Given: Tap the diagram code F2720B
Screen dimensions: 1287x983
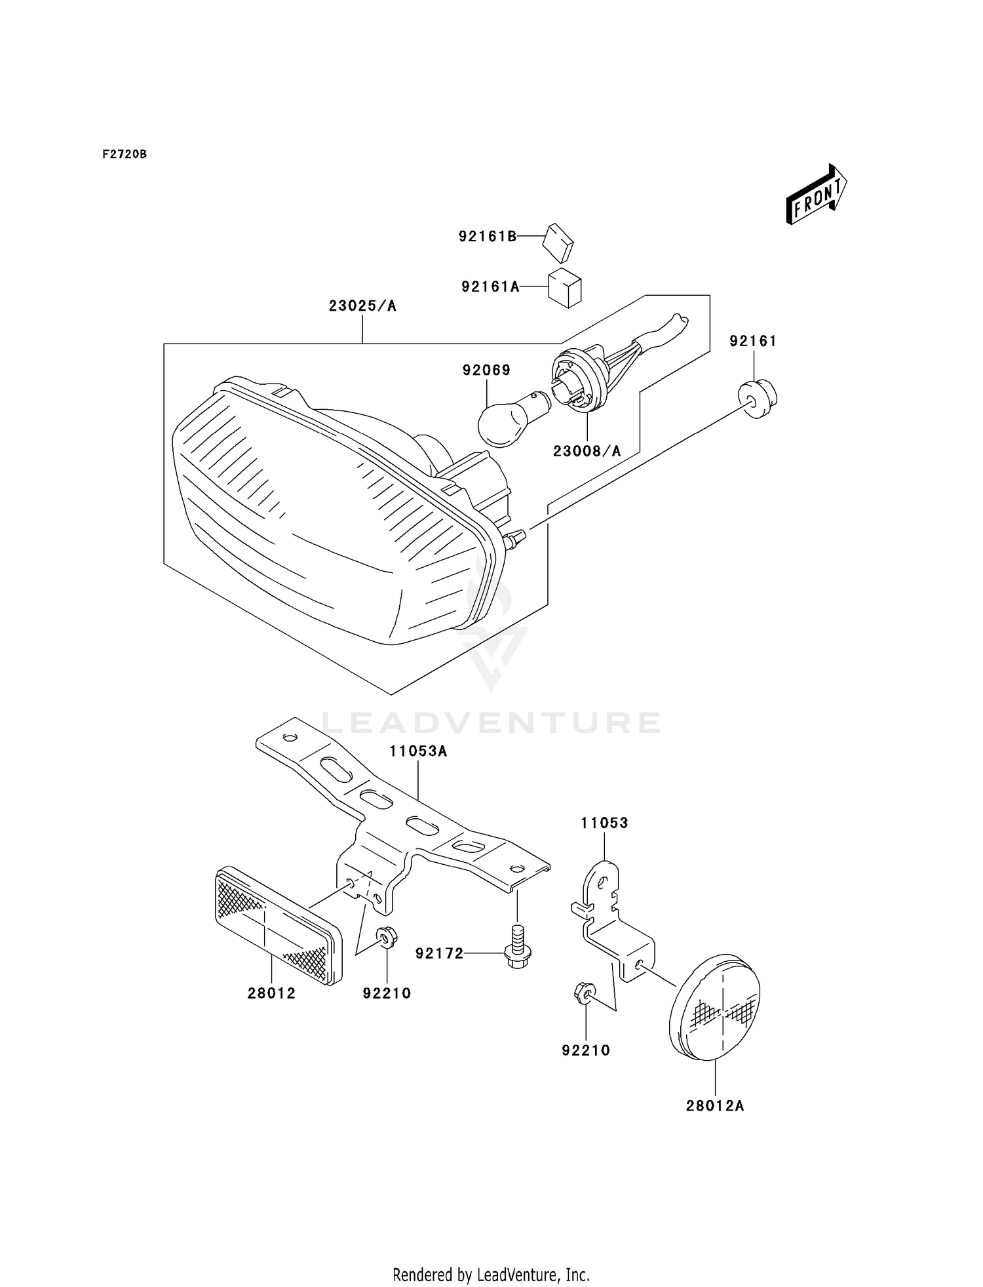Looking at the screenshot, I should tap(125, 155).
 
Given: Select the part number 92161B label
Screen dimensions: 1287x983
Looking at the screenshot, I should tap(488, 237).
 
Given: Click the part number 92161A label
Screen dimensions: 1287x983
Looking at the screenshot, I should tap(490, 287).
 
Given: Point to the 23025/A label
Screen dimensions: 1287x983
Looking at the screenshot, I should tap(362, 306).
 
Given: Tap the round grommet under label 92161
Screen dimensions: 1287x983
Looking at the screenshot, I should tap(758, 398).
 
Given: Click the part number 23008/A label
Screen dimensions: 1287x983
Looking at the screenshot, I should tap(587, 451).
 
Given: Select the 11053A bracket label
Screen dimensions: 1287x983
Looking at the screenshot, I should tap(418, 751).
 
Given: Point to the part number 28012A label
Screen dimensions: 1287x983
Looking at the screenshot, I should tap(715, 1106).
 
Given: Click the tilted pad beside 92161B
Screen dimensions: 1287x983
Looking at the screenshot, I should tap(558, 242).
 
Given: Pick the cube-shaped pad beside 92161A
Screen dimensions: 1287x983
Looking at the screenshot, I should tap(564, 287).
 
